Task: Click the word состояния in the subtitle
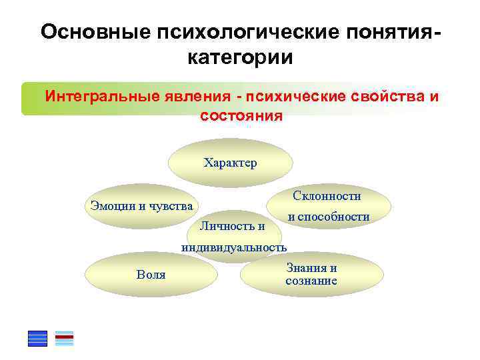coord(241,115)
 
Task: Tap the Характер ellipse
coord(230,163)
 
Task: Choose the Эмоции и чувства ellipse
coord(141,205)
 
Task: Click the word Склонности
coord(327,196)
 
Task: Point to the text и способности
coord(328,217)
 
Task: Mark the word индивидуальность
coord(234,247)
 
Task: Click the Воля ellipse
coord(151,274)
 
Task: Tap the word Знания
coord(311,268)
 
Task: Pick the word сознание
coord(311,281)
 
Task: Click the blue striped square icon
coord(37,339)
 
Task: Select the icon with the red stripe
coord(64,339)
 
